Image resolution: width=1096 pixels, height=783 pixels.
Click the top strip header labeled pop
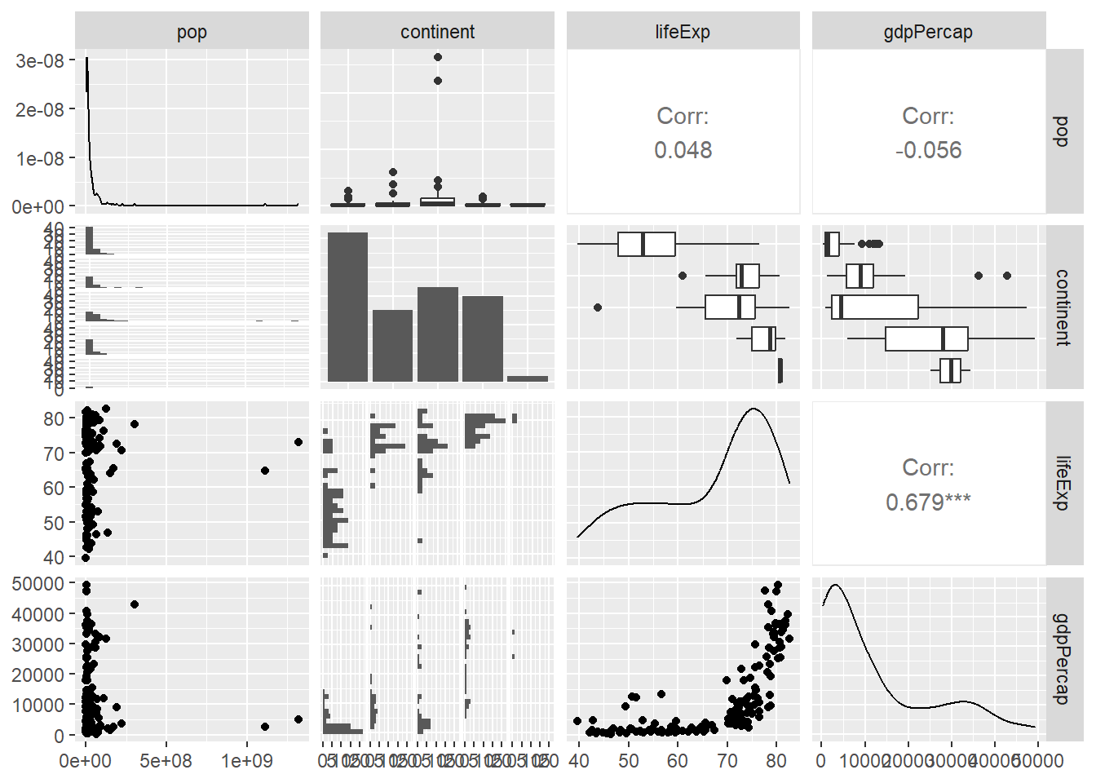(192, 32)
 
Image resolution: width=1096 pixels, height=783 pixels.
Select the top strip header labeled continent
(437, 32)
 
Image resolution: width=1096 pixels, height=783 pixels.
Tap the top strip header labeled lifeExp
(683, 32)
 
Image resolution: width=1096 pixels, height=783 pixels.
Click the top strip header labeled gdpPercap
(928, 32)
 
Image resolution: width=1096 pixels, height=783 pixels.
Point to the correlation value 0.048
(683, 150)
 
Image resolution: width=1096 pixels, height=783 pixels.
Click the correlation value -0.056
(928, 150)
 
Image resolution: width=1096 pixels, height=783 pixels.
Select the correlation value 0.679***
(928, 502)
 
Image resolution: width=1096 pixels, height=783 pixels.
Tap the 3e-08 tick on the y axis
(39, 61)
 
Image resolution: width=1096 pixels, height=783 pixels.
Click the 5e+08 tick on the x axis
(166, 761)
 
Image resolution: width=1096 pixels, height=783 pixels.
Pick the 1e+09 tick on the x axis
(246, 761)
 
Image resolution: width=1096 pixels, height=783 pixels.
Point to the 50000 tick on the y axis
(38, 584)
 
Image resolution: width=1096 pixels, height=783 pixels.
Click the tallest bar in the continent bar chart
(347, 307)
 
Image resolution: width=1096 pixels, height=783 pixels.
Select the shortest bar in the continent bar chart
(528, 378)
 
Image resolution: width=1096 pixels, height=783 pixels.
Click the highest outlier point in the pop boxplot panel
(438, 57)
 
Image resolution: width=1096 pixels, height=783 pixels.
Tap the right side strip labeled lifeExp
(1061, 483)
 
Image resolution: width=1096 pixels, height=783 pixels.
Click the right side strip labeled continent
(1061, 307)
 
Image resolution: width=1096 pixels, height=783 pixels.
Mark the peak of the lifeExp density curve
(753, 409)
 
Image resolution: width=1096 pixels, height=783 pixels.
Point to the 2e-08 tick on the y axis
(39, 110)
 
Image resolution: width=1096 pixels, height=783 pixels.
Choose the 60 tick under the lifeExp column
(678, 761)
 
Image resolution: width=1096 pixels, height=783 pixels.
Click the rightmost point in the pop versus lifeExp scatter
(298, 442)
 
